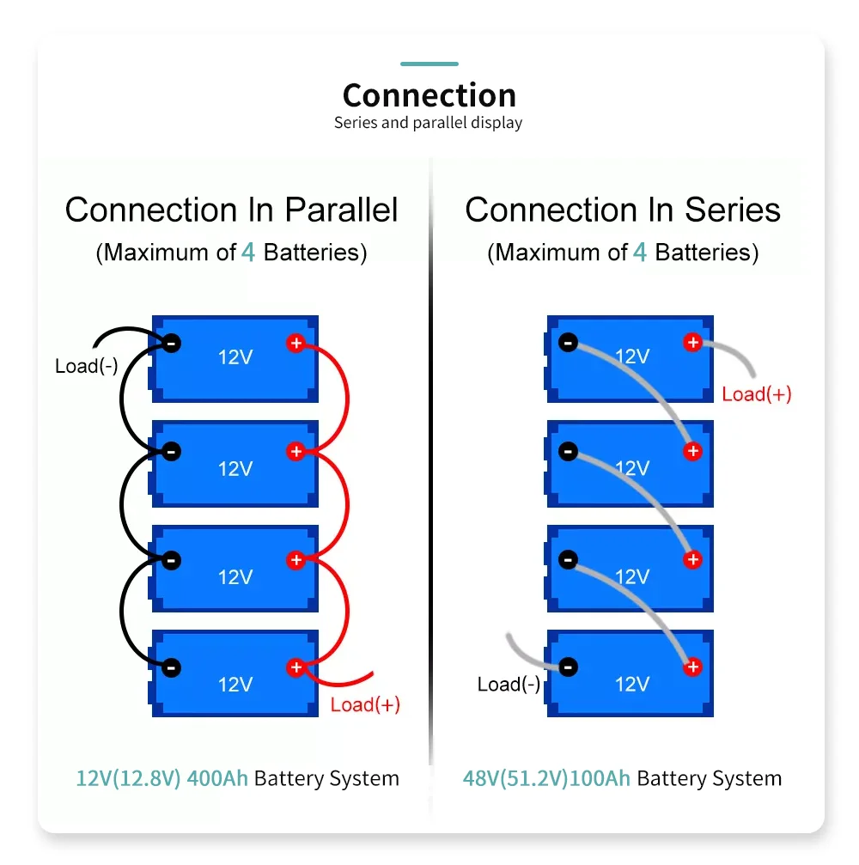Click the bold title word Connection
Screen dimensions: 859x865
click(429, 95)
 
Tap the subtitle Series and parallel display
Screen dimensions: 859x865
click(428, 123)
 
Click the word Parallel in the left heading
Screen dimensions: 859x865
click(341, 210)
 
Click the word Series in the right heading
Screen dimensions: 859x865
click(732, 210)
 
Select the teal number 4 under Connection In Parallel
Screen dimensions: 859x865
click(248, 253)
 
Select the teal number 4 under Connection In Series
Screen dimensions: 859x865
click(639, 253)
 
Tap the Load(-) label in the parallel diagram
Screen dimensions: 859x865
click(87, 366)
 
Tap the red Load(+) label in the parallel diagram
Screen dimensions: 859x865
click(365, 704)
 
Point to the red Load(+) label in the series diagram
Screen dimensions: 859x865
click(757, 394)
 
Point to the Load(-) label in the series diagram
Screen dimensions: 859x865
click(509, 684)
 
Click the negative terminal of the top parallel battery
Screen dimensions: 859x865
click(172, 343)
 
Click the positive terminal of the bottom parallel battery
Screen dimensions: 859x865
click(296, 667)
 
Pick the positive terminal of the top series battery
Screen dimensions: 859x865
click(693, 343)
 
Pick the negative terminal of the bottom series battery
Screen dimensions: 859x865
click(568, 667)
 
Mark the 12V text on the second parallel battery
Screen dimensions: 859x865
click(235, 469)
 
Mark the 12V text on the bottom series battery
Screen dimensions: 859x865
click(632, 685)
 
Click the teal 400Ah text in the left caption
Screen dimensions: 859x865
click(217, 778)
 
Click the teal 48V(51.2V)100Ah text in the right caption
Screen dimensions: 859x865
click(546, 778)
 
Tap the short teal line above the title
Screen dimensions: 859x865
click(429, 64)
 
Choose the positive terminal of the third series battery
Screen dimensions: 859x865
click(693, 560)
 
